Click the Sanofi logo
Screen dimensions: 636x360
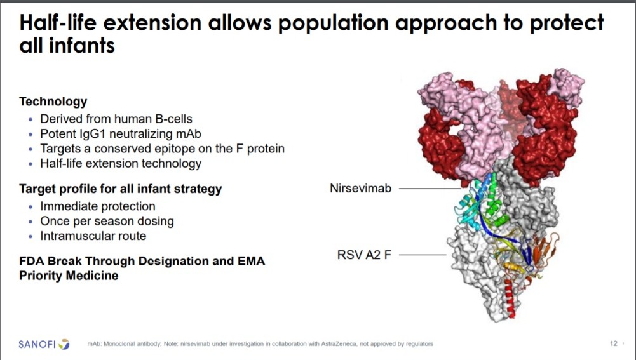pos(44,344)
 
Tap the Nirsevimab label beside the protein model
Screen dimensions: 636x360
pos(361,188)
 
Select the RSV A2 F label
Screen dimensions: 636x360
pos(364,255)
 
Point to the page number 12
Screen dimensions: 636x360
pos(614,343)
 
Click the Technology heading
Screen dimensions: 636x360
pos(53,102)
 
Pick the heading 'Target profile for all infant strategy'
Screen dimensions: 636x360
pos(121,189)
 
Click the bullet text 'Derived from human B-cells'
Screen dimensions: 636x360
pos(116,119)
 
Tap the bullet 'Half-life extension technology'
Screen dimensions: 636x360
pos(121,163)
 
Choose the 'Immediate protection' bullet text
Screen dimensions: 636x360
pos(98,206)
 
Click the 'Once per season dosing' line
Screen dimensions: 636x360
pos(107,221)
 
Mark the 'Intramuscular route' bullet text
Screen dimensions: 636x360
pos(93,236)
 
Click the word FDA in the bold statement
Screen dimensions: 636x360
pos(32,261)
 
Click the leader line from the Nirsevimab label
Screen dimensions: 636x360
pos(430,188)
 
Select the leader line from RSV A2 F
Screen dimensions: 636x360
pos(423,255)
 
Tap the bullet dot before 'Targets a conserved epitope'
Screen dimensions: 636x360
pos(31,149)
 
